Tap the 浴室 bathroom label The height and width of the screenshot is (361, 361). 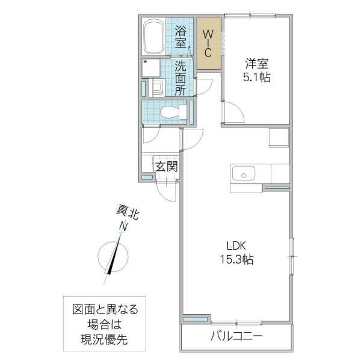pos(181,38)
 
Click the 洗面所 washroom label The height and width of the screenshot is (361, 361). pos(181,78)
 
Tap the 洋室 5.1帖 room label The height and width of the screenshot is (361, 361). pos(256,70)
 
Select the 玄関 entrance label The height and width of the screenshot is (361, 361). pos(165,167)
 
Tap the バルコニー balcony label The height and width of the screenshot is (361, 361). pos(236,336)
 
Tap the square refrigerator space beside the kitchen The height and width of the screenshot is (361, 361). pos(279,138)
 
